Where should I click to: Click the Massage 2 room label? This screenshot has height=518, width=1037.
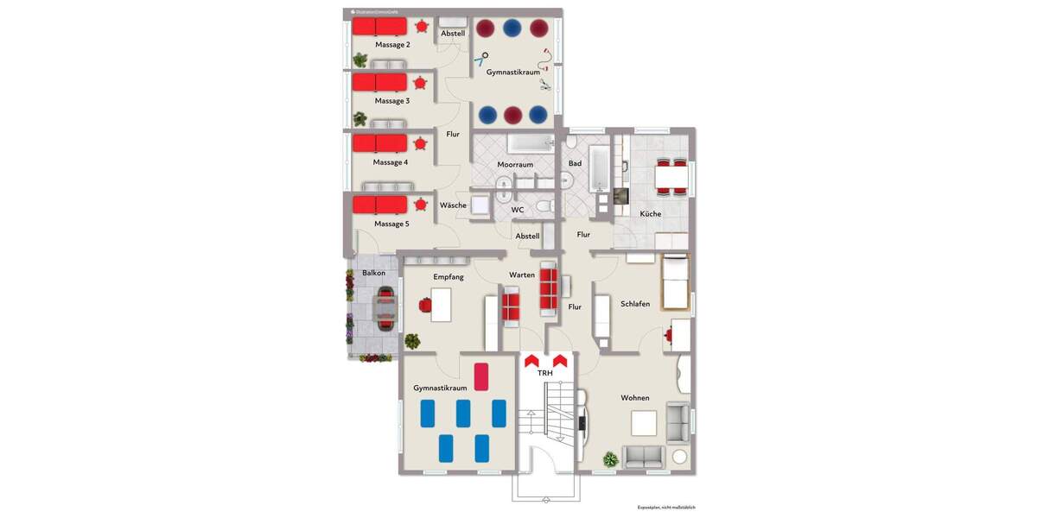click(x=392, y=44)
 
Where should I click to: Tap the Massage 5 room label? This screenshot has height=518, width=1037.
click(x=391, y=224)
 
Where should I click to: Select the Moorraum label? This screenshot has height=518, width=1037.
click(x=515, y=164)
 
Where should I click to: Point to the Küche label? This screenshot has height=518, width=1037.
click(x=651, y=213)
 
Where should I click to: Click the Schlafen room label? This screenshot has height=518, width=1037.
click(x=635, y=304)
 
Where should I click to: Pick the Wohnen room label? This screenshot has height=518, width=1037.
click(x=635, y=398)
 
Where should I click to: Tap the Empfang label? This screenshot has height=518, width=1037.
click(x=449, y=277)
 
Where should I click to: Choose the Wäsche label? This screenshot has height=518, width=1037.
click(x=453, y=205)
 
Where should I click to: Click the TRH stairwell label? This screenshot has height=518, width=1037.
click(x=545, y=374)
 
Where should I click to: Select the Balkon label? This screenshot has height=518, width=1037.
click(x=374, y=274)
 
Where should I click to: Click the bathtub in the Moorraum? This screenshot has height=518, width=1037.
click(x=530, y=142)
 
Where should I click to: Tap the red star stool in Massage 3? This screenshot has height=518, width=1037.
click(x=420, y=83)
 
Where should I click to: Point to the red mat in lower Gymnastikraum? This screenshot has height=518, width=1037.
click(x=481, y=376)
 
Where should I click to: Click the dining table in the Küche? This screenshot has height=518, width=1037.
click(x=671, y=177)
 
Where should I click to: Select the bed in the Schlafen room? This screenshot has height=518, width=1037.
click(x=675, y=282)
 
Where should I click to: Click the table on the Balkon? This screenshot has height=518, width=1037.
click(x=384, y=307)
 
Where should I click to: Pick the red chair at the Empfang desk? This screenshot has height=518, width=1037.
click(x=424, y=304)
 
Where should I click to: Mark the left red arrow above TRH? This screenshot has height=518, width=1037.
click(x=531, y=358)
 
